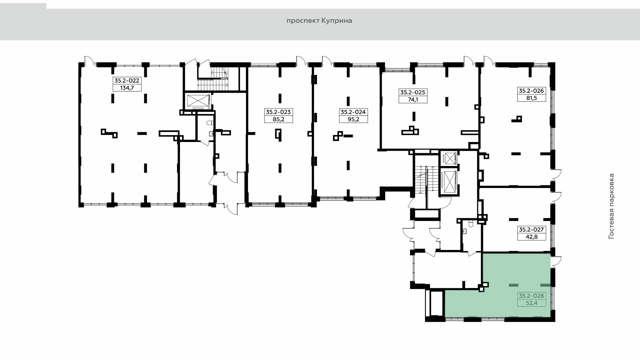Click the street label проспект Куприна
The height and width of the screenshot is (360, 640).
[319, 21]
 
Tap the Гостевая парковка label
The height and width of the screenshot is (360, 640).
[611, 206]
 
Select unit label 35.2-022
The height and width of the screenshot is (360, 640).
[127, 80]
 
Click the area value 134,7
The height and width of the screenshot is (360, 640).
[127, 88]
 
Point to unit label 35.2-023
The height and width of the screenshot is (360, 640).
[278, 112]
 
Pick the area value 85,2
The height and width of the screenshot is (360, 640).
[278, 119]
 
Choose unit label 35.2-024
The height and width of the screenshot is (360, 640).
[353, 112]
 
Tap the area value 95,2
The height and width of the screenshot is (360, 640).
[353, 119]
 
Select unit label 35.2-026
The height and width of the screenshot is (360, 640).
[532, 90]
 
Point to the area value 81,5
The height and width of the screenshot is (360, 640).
[532, 98]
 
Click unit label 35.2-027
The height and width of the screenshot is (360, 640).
[532, 229]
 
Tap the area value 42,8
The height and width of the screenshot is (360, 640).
[532, 237]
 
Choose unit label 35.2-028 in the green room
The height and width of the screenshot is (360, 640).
[532, 295]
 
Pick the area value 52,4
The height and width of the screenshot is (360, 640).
[532, 303]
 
